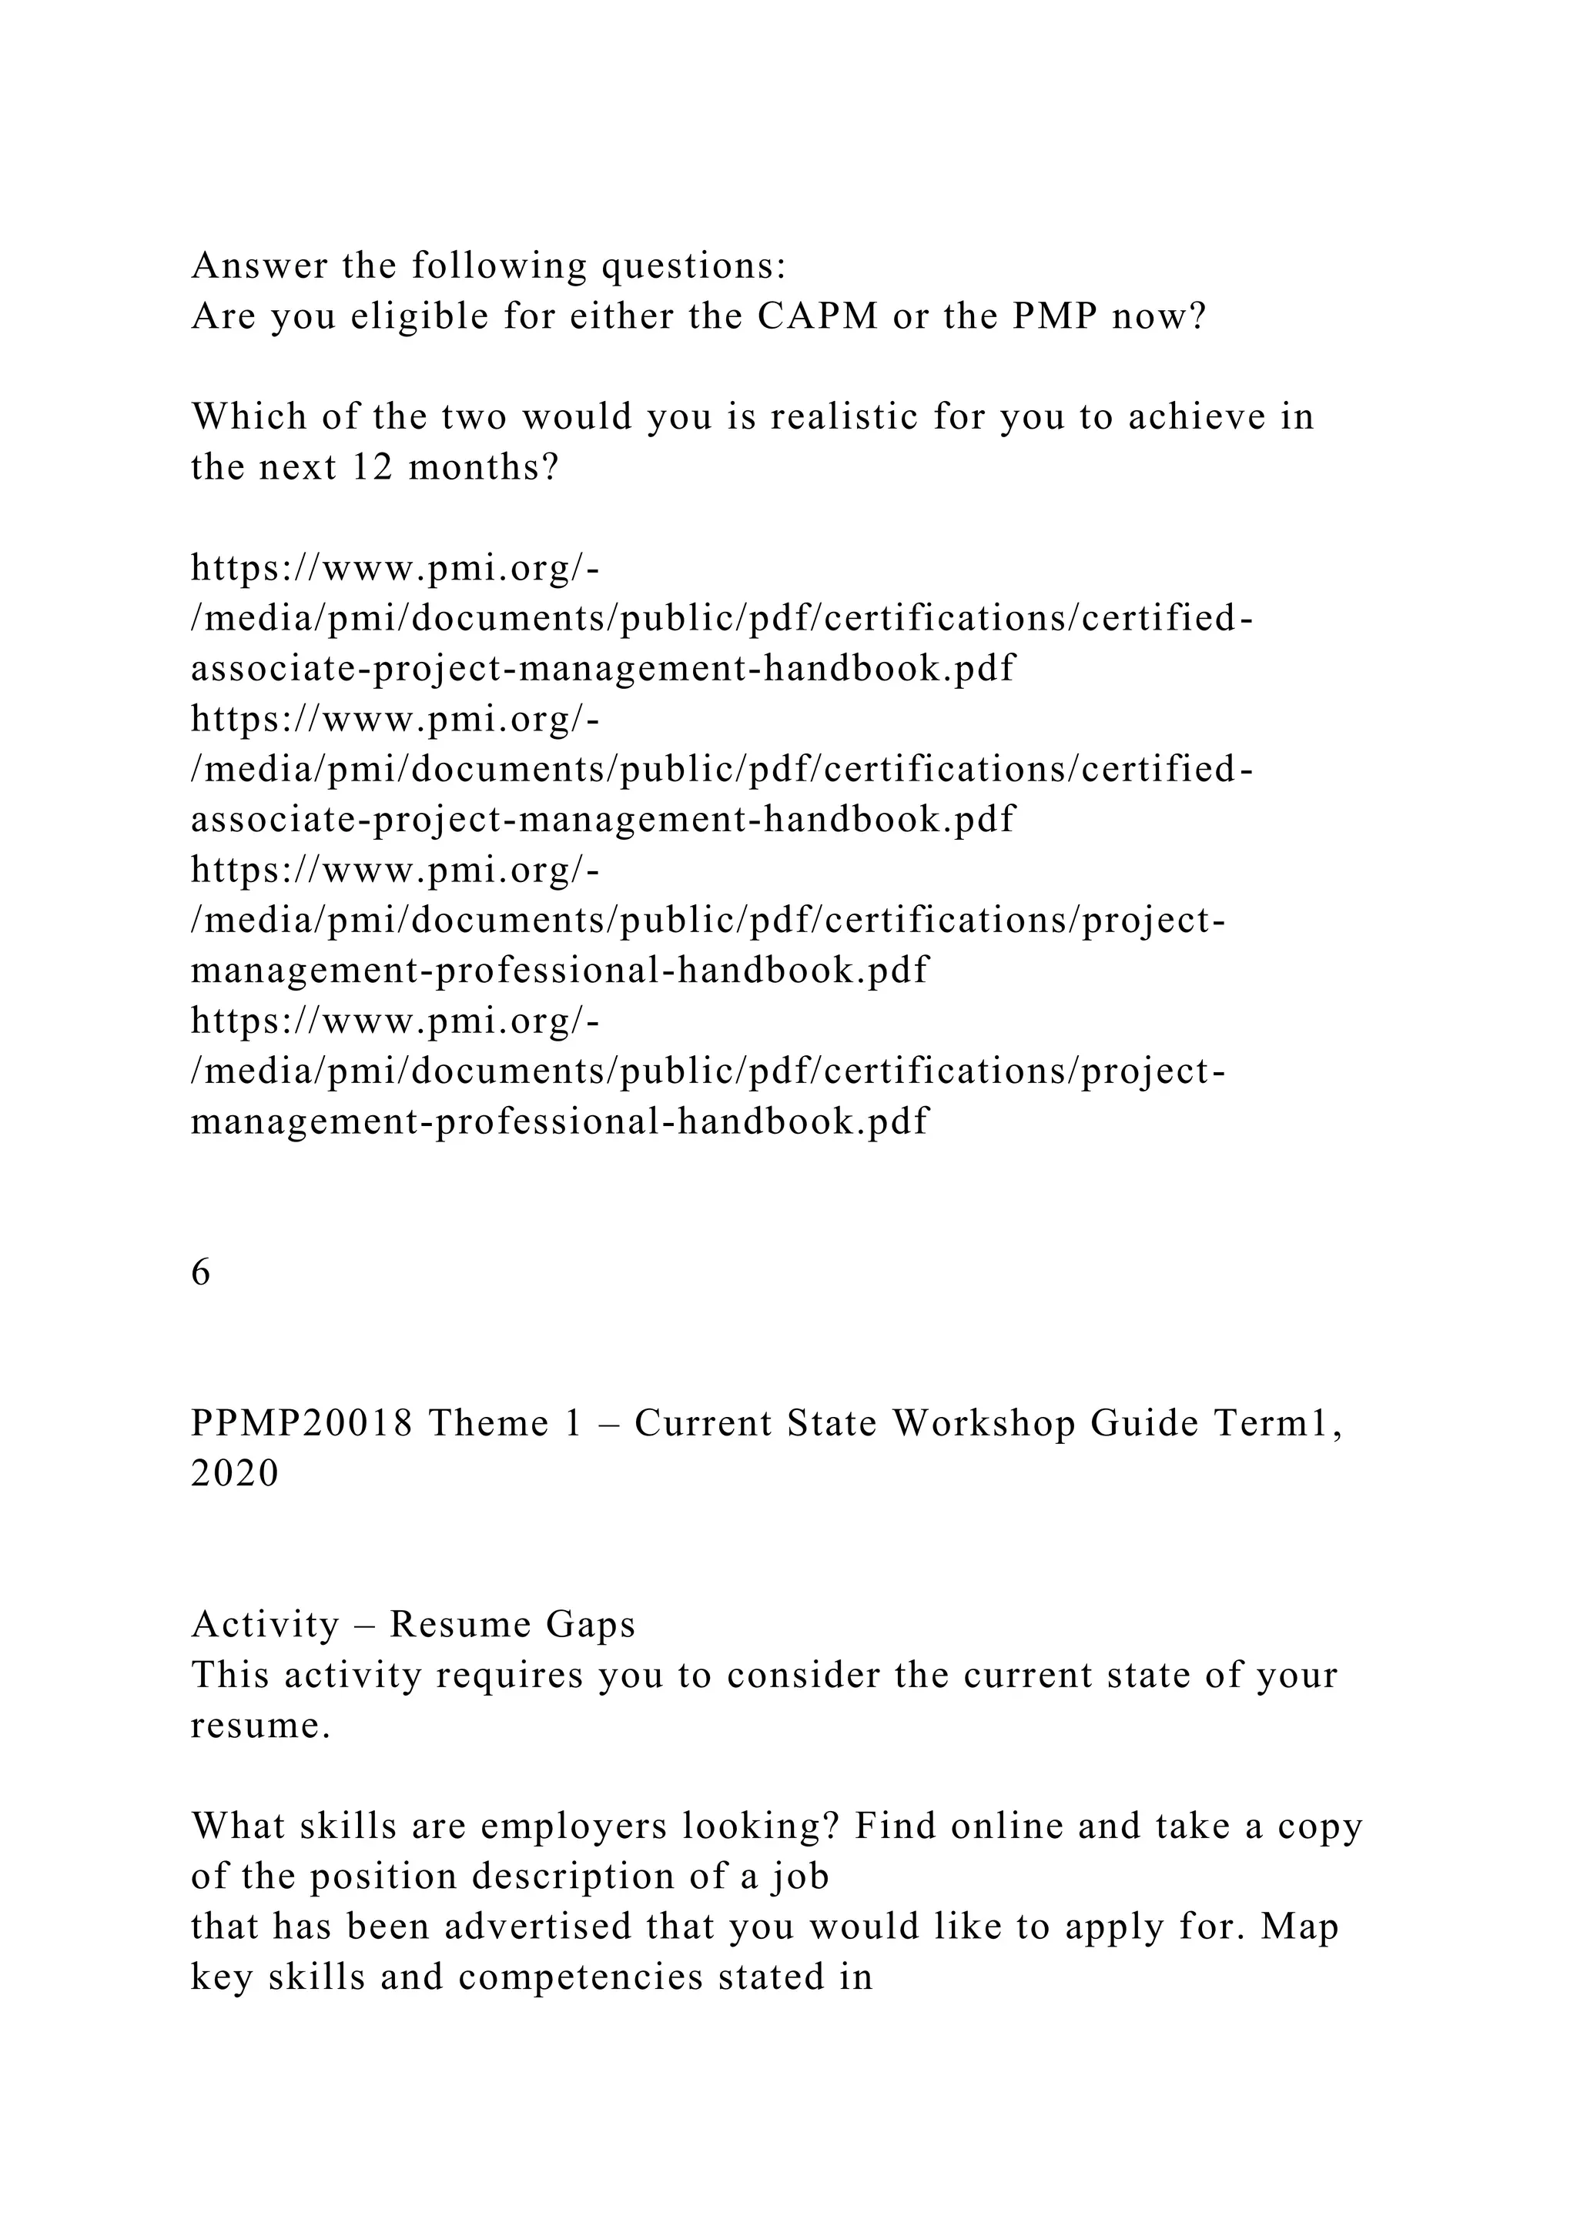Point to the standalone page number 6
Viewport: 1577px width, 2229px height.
(x=201, y=1272)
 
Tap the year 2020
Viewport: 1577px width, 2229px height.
(x=235, y=1474)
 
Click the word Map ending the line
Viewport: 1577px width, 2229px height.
(x=1301, y=1926)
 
